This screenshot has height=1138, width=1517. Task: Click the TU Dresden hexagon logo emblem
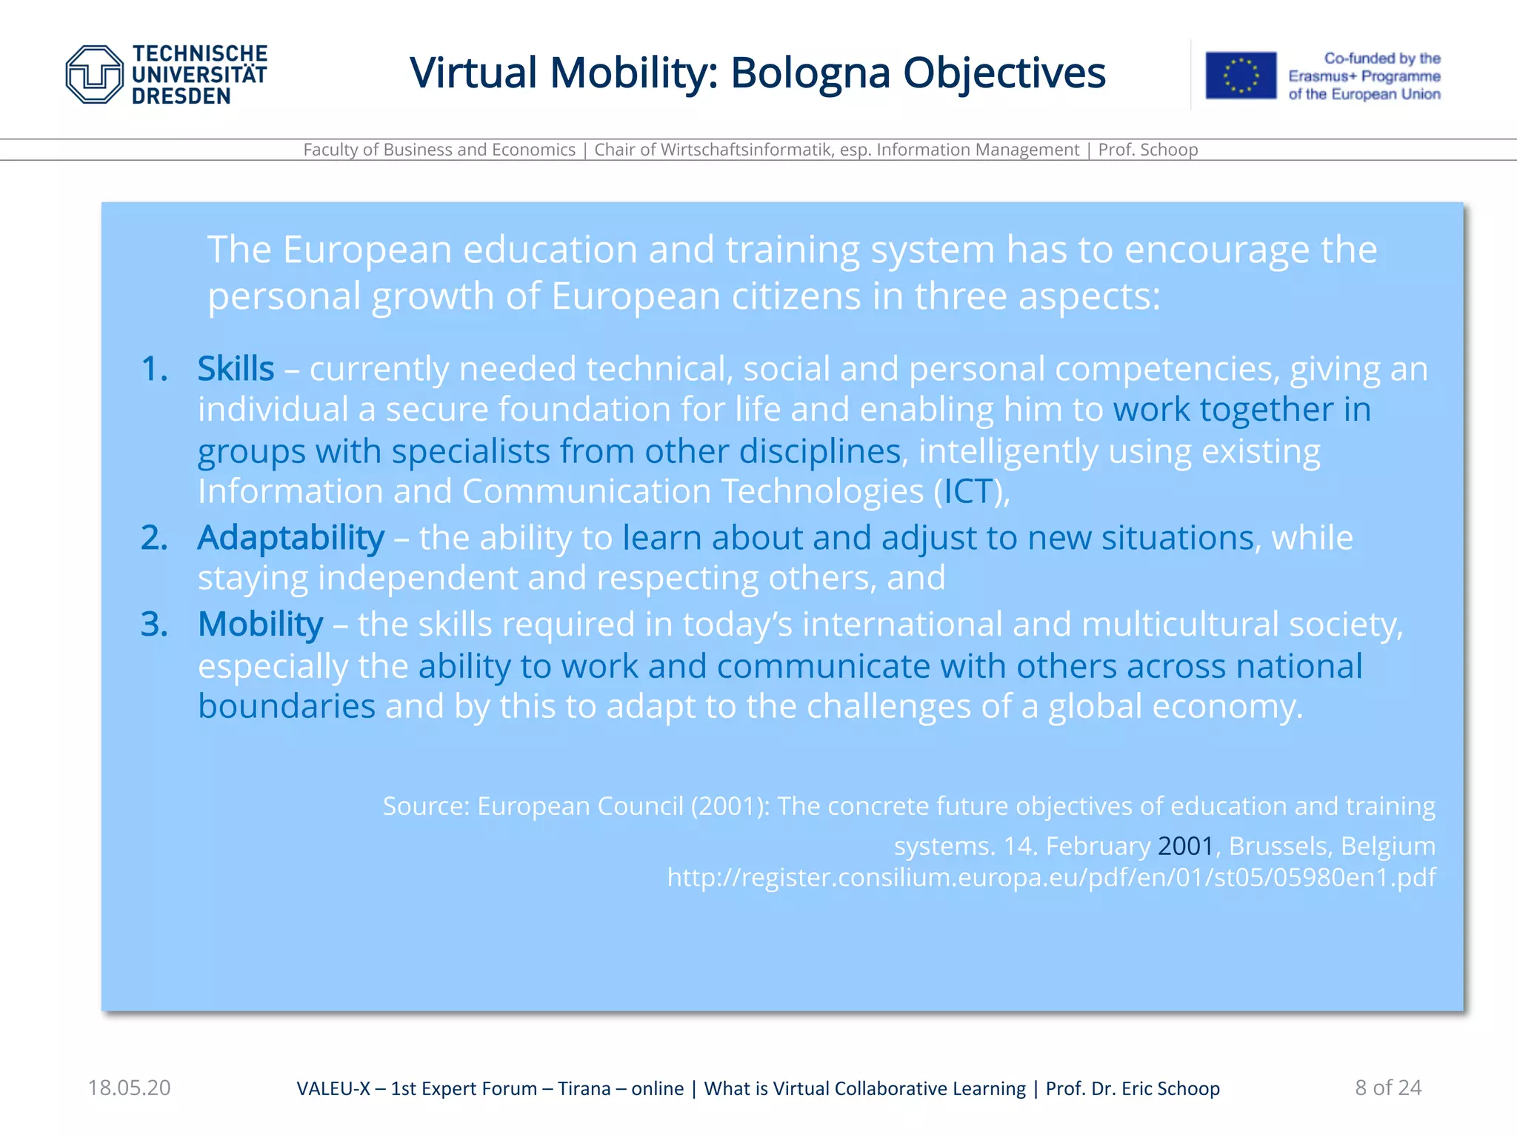(x=94, y=74)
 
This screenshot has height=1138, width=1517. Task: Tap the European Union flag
(x=1241, y=75)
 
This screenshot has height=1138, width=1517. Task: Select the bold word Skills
(x=236, y=369)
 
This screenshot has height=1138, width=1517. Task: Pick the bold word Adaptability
(x=290, y=538)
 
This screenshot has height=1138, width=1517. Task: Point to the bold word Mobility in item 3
(x=260, y=624)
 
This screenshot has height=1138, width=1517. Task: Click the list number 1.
(x=153, y=369)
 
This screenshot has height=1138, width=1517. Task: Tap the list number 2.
(x=153, y=538)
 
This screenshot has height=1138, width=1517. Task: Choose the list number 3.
(x=153, y=624)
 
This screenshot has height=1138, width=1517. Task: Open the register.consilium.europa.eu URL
(x=1051, y=877)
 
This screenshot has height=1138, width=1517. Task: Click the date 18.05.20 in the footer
(x=129, y=1088)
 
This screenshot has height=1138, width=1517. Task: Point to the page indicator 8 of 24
(x=1388, y=1088)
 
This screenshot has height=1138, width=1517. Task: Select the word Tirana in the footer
(x=584, y=1088)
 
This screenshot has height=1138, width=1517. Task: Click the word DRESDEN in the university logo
(x=181, y=96)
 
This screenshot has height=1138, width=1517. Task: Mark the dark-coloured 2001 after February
(x=1185, y=845)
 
